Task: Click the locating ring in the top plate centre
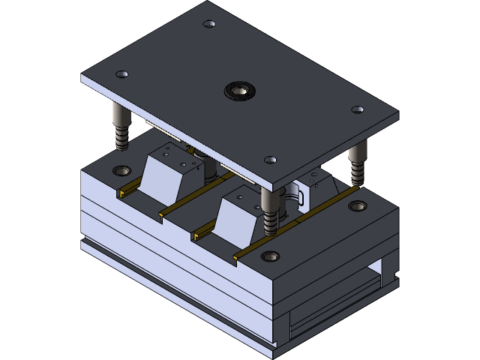(x=241, y=91)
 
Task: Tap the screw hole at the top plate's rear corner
(x=209, y=24)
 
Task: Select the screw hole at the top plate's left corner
(x=121, y=74)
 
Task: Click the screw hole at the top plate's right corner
(x=358, y=109)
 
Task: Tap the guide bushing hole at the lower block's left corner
(x=121, y=170)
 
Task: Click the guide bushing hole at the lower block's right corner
(x=358, y=205)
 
